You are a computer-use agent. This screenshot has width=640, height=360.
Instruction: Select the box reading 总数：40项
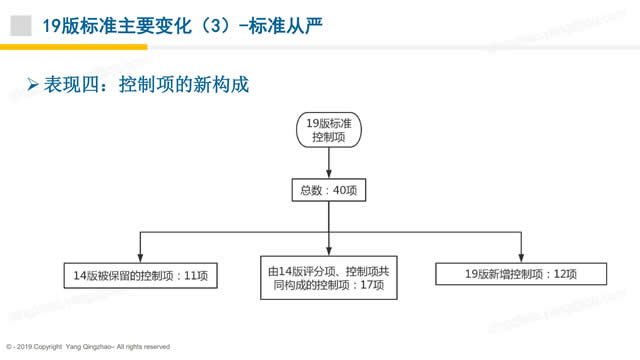328,190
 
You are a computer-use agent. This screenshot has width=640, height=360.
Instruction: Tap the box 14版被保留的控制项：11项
139,274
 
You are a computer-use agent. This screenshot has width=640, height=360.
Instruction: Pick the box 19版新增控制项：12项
520,274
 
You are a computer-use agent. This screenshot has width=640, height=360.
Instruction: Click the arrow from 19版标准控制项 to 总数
328,166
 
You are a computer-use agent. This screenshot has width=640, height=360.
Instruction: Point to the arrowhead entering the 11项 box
139,256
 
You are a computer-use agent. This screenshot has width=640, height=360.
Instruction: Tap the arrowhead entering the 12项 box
520,256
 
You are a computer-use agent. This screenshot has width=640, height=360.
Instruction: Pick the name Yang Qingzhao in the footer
88,346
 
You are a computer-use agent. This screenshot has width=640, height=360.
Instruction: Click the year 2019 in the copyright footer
22,346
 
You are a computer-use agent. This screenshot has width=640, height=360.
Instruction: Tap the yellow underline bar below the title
74,47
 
